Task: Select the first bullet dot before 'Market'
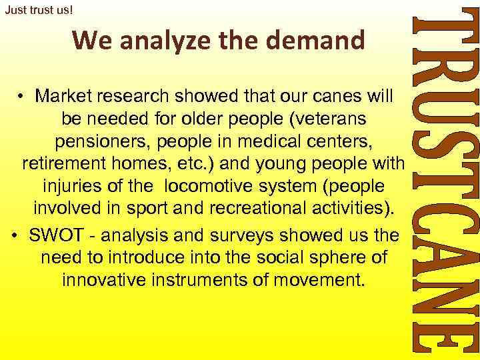click(22, 97)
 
